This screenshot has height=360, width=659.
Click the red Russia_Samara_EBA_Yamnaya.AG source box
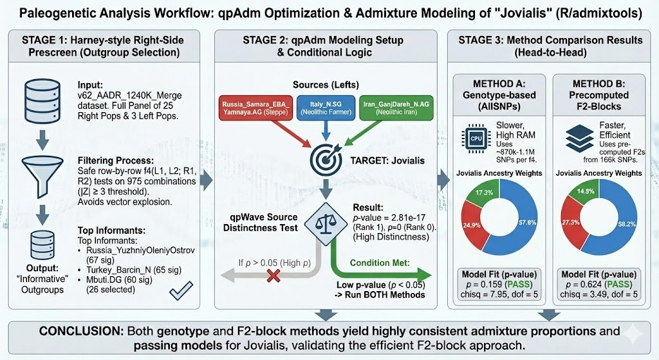tap(255, 108)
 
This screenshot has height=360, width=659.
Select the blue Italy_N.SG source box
tap(326, 108)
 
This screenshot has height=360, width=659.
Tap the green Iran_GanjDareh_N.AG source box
tap(396, 108)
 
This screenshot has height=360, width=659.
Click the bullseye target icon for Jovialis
tap(326, 160)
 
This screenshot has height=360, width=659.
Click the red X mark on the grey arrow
tap(274, 276)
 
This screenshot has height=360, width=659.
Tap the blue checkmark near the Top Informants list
tap(181, 290)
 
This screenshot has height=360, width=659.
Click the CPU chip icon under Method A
tap(476, 138)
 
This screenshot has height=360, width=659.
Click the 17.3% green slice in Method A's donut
tap(483, 194)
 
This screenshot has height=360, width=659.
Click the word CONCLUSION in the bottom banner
tap(81, 332)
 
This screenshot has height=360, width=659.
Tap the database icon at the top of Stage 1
tap(42, 100)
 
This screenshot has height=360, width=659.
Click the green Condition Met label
tap(380, 263)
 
